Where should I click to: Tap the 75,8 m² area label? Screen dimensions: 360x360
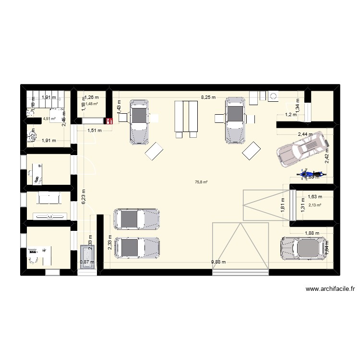click(x=202, y=182)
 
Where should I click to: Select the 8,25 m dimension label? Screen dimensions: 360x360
click(x=208, y=97)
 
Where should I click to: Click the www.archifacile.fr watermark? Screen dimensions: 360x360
click(x=329, y=289)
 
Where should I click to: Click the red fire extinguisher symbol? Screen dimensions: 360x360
click(x=109, y=121)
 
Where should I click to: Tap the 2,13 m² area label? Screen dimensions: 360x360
click(x=315, y=205)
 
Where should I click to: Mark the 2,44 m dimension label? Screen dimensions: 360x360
click(x=305, y=134)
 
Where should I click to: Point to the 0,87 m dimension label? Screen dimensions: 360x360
click(x=87, y=262)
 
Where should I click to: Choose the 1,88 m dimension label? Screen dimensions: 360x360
click(x=312, y=234)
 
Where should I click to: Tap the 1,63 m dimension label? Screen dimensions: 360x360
click(x=315, y=196)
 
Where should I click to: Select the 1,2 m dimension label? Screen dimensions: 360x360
click(x=291, y=115)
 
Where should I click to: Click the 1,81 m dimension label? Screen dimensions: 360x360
click(x=283, y=206)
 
